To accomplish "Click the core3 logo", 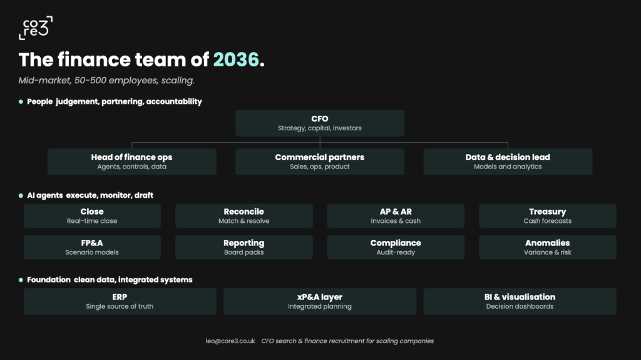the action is (36, 28).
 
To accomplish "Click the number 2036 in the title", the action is (236, 59).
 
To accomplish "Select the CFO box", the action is (320, 123).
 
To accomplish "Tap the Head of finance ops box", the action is (131, 162).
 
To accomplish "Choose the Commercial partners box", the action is (320, 162).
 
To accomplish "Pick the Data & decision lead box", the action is (508, 162).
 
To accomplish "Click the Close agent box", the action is (92, 215).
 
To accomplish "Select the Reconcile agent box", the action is (244, 215).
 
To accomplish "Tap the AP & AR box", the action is (396, 215).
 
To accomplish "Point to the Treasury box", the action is (548, 215).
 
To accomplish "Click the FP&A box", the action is (92, 247).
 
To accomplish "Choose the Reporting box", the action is (244, 247).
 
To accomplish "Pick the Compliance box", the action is (396, 247).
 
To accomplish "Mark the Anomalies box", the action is (548, 247).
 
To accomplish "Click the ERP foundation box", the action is (120, 302).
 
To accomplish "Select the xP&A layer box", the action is (320, 302).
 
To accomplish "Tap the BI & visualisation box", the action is (520, 302).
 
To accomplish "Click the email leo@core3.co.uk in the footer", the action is (230, 341).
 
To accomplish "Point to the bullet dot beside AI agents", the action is (21, 195).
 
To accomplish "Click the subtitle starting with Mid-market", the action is (106, 81).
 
